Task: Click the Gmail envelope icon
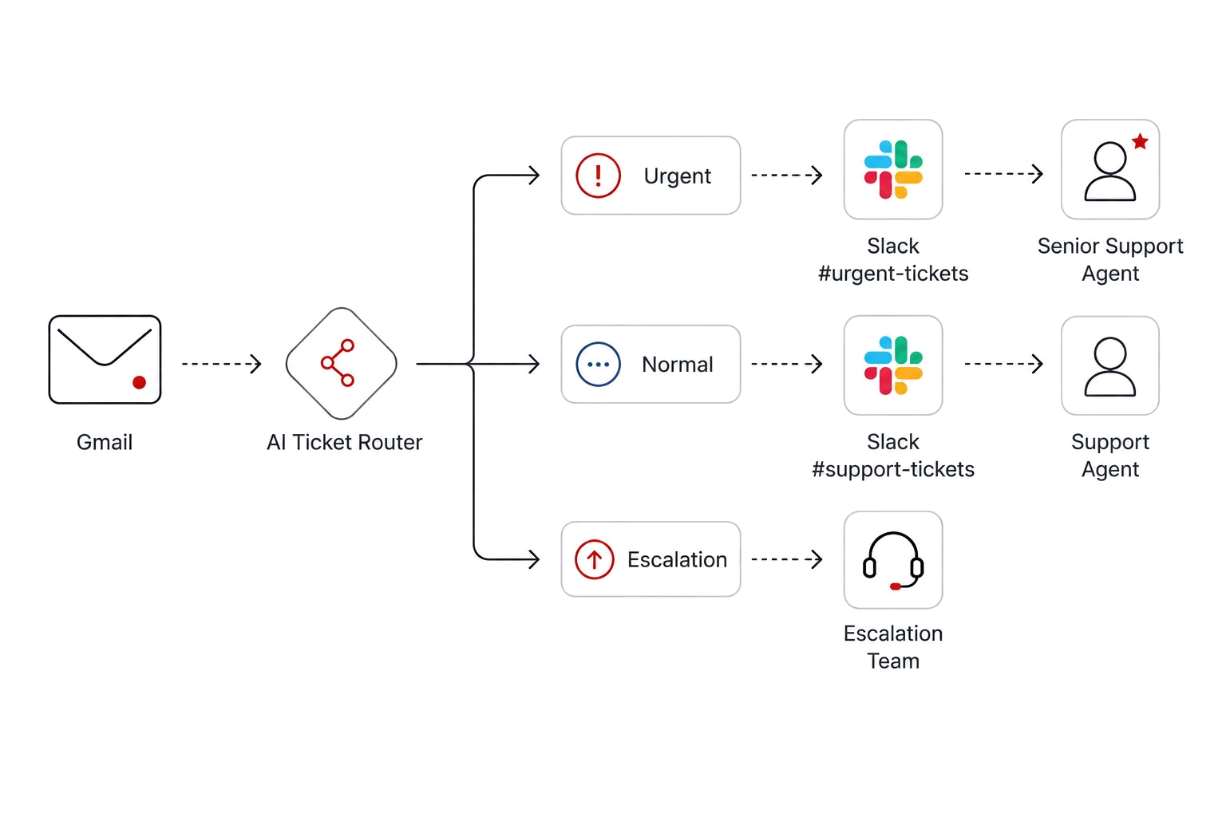tap(105, 360)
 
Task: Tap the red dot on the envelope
tap(139, 382)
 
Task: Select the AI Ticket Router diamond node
tap(342, 363)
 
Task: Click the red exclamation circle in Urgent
tap(598, 176)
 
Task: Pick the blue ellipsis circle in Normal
tap(598, 365)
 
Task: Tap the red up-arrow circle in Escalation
tap(594, 559)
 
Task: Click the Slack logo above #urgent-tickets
tap(893, 169)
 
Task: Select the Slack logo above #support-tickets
tap(893, 365)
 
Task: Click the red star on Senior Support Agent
tap(1140, 142)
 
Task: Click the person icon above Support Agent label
tap(1110, 366)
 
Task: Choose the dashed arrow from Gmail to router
tap(222, 364)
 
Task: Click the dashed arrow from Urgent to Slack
tap(787, 175)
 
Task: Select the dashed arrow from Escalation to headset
tap(787, 559)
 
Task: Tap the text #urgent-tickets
tap(893, 273)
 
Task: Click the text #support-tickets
tap(893, 469)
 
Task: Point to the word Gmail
tap(105, 442)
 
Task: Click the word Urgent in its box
tap(677, 176)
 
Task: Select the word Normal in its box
tap(678, 365)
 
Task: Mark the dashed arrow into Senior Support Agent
tap(1004, 174)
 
